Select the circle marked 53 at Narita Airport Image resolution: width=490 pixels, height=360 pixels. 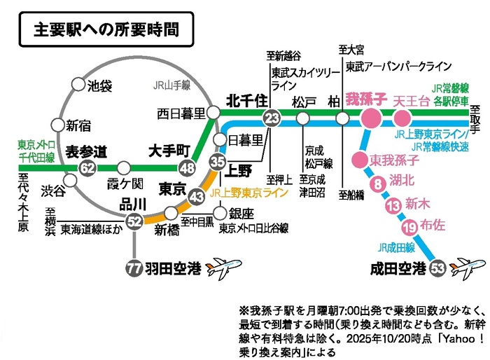tap(439, 267)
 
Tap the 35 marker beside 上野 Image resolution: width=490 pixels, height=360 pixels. tap(217, 162)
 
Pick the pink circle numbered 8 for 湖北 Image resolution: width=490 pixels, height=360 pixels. tap(378, 185)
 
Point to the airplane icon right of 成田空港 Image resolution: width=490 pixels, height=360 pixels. tap(469, 268)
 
